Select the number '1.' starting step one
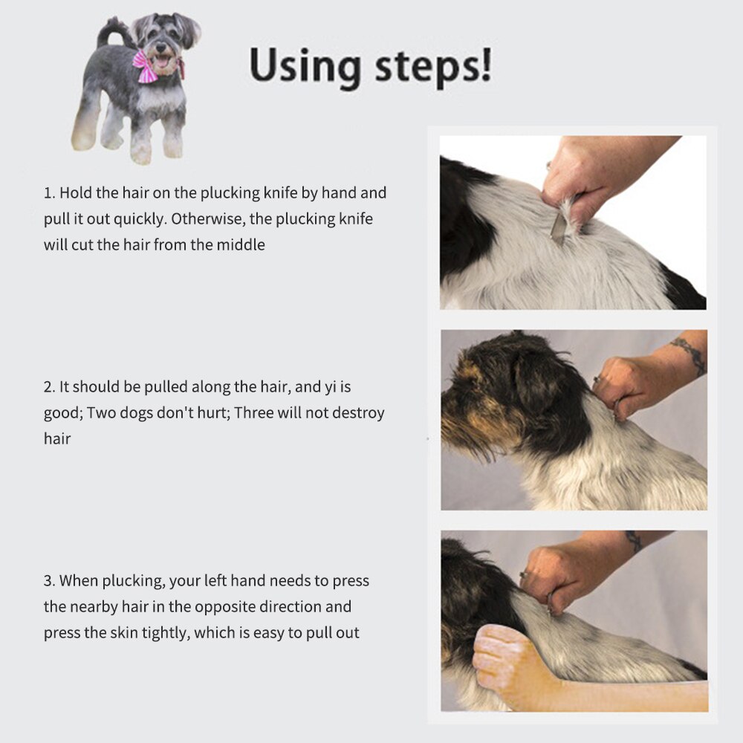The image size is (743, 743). click(x=50, y=193)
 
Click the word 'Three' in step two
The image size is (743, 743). click(x=254, y=412)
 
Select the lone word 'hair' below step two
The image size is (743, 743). click(x=57, y=438)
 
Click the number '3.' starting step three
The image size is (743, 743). click(x=50, y=581)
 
